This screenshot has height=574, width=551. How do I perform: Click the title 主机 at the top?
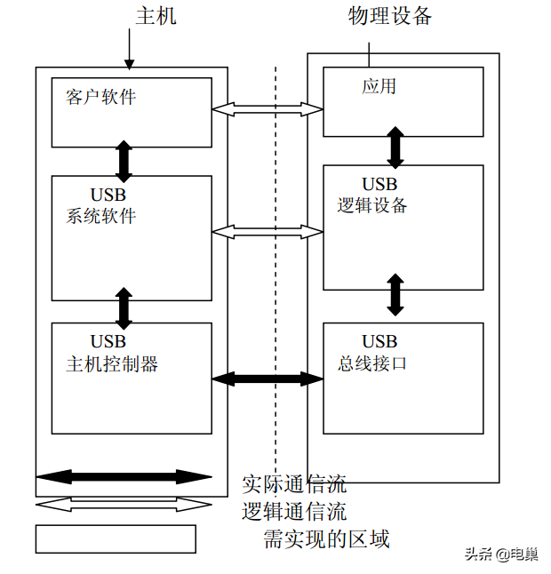click(x=156, y=16)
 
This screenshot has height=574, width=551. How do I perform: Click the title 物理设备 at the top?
click(x=390, y=16)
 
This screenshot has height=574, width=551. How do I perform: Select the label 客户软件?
click(x=100, y=97)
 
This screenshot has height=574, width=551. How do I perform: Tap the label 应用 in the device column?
click(x=379, y=86)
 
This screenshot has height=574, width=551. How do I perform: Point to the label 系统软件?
click(x=100, y=215)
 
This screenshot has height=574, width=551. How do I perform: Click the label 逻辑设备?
click(x=372, y=205)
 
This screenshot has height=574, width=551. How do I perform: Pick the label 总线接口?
click(x=372, y=363)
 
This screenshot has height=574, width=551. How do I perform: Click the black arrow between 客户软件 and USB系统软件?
click(x=124, y=161)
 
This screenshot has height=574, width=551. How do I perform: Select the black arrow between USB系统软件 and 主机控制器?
click(x=124, y=307)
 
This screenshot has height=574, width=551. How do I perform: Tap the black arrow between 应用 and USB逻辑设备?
click(x=395, y=146)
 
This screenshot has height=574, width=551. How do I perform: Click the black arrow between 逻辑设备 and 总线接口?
click(x=395, y=294)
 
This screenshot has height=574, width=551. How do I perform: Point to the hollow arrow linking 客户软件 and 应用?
click(x=268, y=109)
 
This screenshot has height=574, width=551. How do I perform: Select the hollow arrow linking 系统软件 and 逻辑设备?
click(x=268, y=232)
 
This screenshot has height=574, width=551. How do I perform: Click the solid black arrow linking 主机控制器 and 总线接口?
click(x=268, y=379)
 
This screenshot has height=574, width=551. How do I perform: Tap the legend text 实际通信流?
click(x=294, y=484)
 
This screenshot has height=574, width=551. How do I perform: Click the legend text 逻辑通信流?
click(x=294, y=512)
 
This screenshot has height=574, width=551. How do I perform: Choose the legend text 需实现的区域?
click(x=326, y=538)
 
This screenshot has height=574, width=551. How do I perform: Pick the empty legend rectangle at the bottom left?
click(x=116, y=538)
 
